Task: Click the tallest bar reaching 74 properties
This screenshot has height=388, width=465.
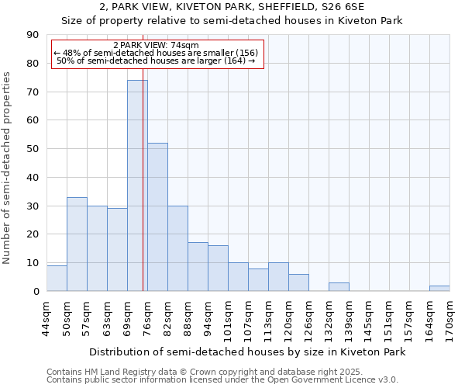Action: (137, 186)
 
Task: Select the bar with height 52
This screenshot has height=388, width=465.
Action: (157, 217)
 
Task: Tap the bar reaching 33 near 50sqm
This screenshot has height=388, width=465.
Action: (77, 244)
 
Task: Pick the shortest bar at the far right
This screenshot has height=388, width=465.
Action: (439, 289)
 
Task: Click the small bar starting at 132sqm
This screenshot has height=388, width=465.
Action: (339, 287)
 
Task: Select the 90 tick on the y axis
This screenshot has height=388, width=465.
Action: (33, 35)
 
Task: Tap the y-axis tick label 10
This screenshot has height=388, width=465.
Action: (33, 263)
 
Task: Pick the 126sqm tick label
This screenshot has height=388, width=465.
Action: (308, 318)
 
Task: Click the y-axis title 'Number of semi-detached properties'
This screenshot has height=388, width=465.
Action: (7, 168)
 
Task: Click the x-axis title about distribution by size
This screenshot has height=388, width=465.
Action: (247, 352)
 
